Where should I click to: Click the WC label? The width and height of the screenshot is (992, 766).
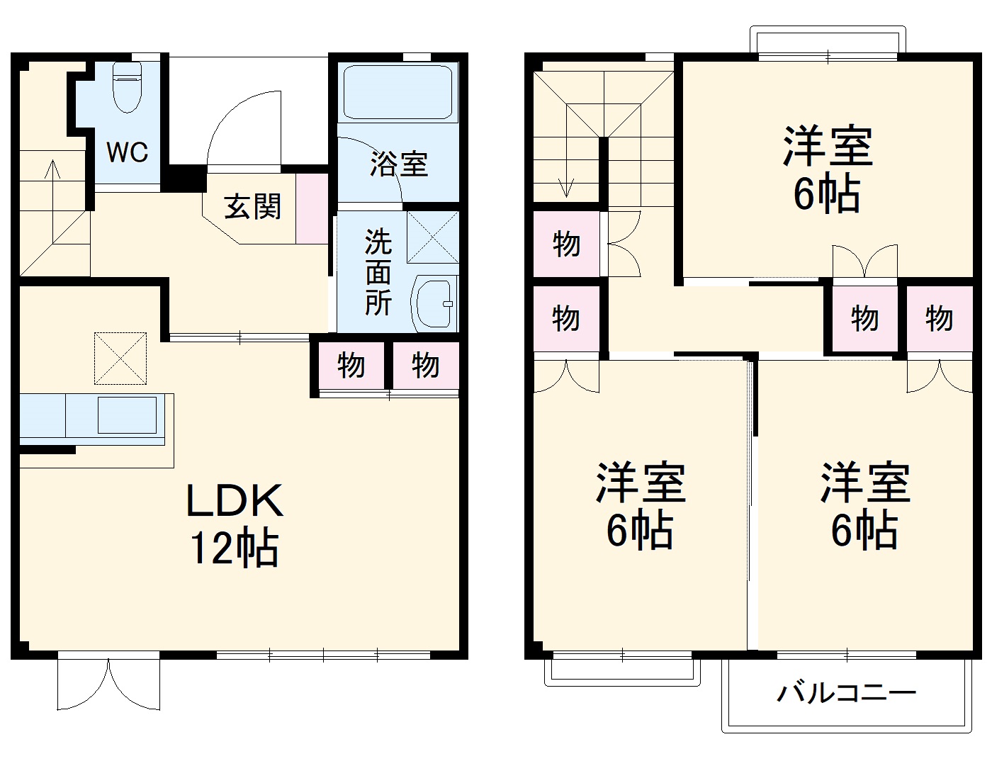(128, 152)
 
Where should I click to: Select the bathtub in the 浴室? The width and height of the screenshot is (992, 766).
(398, 93)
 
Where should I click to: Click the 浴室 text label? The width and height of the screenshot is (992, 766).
(399, 164)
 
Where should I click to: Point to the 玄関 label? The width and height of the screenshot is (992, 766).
(253, 207)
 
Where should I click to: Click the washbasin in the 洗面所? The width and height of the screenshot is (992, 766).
(433, 303)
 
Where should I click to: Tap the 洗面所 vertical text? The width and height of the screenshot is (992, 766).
(378, 273)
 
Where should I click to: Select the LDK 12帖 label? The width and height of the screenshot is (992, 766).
(234, 524)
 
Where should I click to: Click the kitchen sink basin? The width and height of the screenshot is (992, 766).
(127, 415)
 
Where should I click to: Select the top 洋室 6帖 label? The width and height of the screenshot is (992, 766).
(828, 170)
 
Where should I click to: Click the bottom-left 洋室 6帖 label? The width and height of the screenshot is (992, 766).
(640, 506)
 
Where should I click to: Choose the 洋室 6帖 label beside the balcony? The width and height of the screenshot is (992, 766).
(865, 506)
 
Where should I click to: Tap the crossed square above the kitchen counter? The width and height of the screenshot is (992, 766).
(120, 359)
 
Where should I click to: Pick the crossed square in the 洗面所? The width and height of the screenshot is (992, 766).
(432, 237)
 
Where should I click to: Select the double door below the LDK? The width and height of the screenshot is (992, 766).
(108, 685)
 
